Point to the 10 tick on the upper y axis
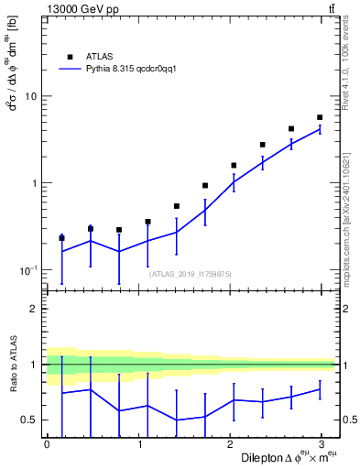[x=30, y=96]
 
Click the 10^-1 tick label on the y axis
[x=27, y=270]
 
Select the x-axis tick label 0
[x=47, y=444]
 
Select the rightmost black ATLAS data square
[x=320, y=117]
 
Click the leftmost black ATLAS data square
[x=61, y=237]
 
